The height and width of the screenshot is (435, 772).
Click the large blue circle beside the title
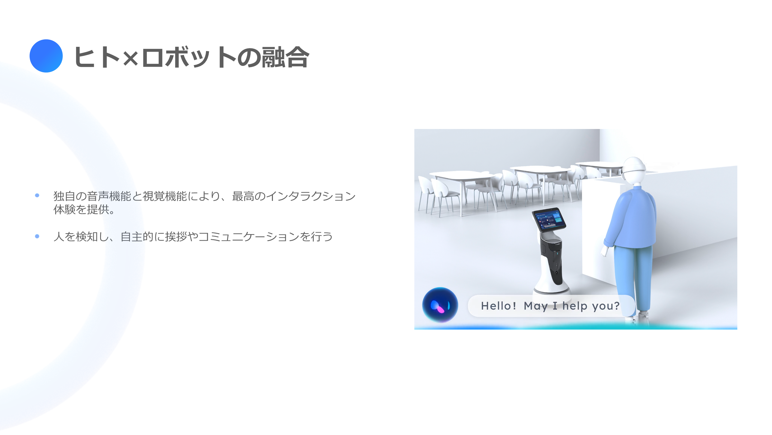pyautogui.click(x=46, y=56)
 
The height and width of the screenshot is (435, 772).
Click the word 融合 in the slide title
pyautogui.click(x=285, y=57)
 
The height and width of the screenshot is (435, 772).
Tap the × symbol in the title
pyautogui.click(x=131, y=58)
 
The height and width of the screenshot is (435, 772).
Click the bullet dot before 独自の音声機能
pyautogui.click(x=37, y=195)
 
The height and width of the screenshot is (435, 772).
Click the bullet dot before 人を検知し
pyautogui.click(x=37, y=236)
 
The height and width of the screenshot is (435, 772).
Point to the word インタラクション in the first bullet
pyautogui.click(x=311, y=196)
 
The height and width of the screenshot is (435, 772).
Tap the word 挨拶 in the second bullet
pyautogui.click(x=176, y=237)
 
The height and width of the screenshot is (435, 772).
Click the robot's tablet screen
pyautogui.click(x=549, y=220)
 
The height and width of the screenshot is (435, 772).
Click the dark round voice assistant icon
pyautogui.click(x=440, y=305)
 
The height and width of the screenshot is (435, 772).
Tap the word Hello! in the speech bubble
pyautogui.click(x=498, y=306)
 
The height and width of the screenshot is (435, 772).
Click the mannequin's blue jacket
pyautogui.click(x=632, y=217)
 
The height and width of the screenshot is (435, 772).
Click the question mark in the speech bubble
pyautogui.click(x=616, y=306)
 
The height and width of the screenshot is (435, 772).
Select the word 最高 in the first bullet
pyautogui.click(x=243, y=196)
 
